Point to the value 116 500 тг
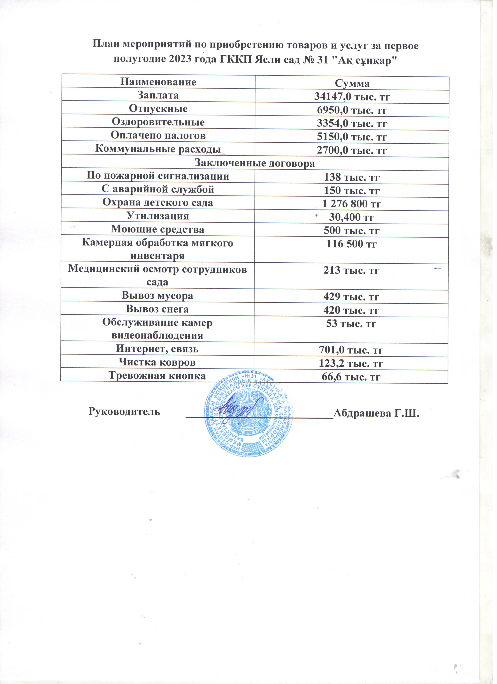(x=352, y=244)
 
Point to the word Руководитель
(x=124, y=412)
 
